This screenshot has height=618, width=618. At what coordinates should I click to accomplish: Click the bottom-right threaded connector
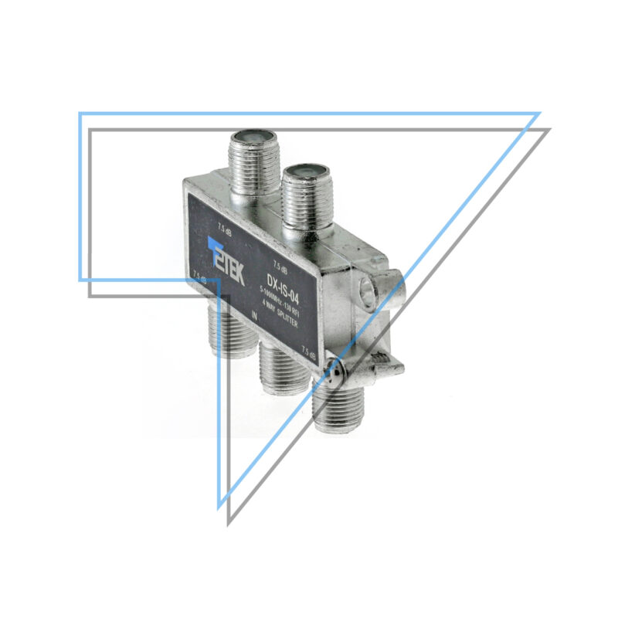pos(337,405)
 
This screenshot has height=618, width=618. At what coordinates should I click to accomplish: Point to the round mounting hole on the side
pos(370,292)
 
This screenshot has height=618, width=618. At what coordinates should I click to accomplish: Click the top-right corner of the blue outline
pos(538,114)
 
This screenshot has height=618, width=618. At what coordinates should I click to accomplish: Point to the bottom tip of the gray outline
pos(229,524)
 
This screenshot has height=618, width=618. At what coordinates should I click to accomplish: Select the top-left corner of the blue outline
pos(80,114)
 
